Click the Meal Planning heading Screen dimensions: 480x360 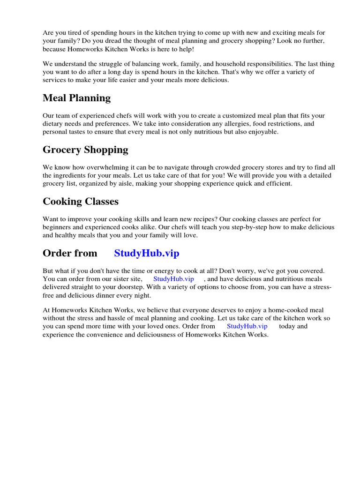click(x=76, y=98)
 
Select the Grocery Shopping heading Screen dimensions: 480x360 click(x=85, y=150)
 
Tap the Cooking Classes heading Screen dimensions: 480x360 click(x=80, y=202)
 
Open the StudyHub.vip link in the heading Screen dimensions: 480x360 click(x=147, y=254)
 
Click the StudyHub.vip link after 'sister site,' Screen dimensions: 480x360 click(x=173, y=279)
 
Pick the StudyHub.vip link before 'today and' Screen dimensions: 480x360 click(x=247, y=326)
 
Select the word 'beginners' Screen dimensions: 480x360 click(x=57, y=227)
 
